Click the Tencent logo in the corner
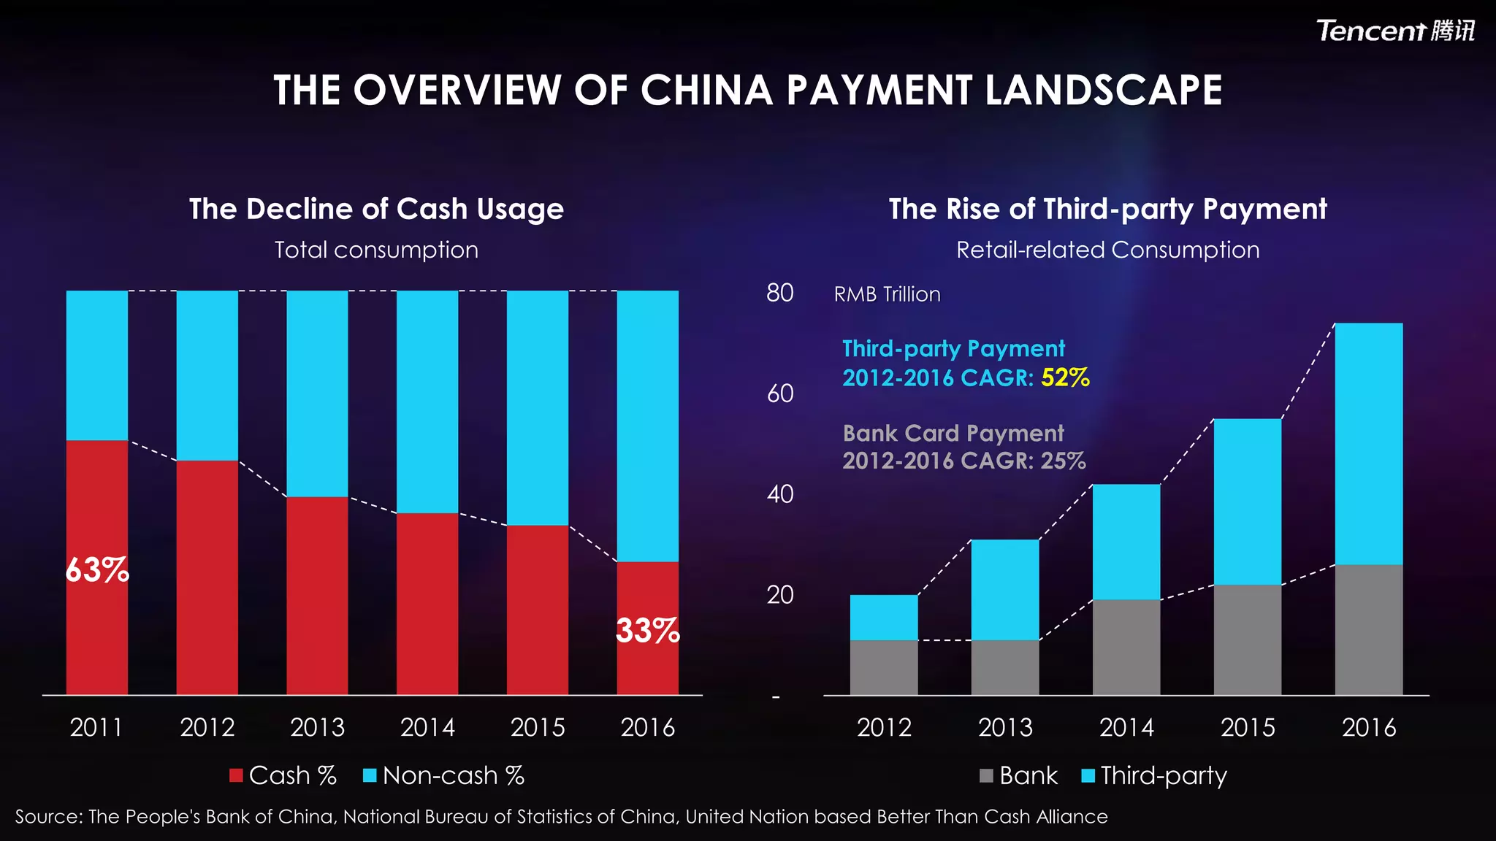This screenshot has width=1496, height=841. (x=1394, y=31)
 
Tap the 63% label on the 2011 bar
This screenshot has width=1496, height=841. (x=96, y=570)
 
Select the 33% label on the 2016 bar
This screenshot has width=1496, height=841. (x=647, y=631)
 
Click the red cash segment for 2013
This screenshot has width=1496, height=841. (x=317, y=595)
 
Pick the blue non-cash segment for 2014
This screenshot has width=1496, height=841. (x=427, y=402)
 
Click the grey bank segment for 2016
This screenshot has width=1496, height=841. (x=1368, y=629)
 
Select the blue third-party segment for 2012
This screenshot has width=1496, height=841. (x=884, y=618)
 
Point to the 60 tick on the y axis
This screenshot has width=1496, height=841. (x=779, y=393)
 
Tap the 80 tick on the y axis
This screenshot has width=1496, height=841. (x=779, y=293)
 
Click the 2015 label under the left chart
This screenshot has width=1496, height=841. (x=538, y=727)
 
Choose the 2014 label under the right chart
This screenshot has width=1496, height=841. (x=1126, y=727)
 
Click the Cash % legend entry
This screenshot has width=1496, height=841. (x=283, y=775)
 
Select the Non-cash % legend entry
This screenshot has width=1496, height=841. (x=443, y=775)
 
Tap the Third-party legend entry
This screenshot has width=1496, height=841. (x=1154, y=775)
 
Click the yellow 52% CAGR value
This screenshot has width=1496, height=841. (x=1065, y=377)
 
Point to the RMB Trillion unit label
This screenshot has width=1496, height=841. (x=887, y=294)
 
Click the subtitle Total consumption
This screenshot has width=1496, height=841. (x=376, y=250)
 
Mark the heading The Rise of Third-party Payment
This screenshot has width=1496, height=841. (x=1107, y=209)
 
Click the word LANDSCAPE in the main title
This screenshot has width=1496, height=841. (x=1103, y=91)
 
